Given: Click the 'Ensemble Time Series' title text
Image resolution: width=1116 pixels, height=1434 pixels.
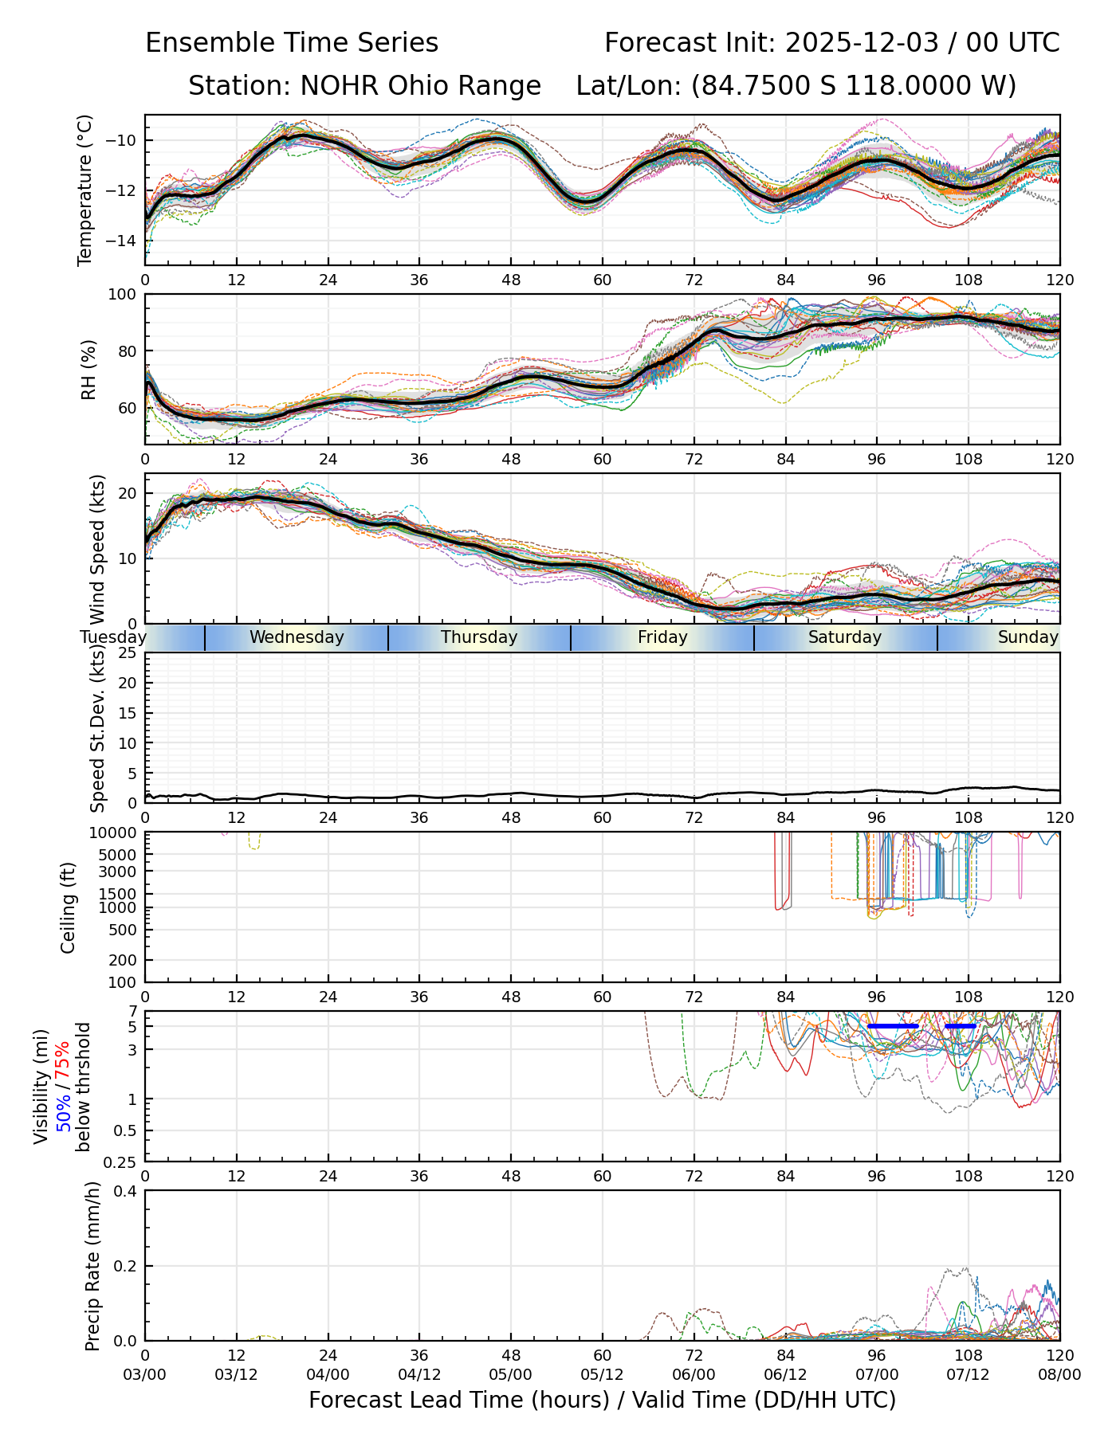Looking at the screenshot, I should click(x=292, y=43).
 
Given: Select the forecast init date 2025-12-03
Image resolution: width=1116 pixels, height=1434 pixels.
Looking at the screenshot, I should click(x=863, y=43).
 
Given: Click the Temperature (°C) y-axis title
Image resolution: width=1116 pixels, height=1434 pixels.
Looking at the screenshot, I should click(x=85, y=190).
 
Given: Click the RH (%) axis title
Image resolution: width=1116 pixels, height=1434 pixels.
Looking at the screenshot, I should click(x=88, y=370).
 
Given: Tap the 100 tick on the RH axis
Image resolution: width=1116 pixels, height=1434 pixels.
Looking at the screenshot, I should click(x=124, y=295).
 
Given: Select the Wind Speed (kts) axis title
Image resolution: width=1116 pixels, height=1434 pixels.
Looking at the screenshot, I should click(x=97, y=549).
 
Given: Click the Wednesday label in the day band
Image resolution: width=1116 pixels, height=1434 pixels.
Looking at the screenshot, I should click(x=297, y=637).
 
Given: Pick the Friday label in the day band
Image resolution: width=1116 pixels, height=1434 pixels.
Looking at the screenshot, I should click(x=662, y=637).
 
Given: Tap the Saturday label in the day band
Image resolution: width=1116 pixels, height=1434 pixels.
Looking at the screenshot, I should click(x=845, y=637).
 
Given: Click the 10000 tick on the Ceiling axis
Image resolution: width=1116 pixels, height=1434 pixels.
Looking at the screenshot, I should click(x=116, y=833).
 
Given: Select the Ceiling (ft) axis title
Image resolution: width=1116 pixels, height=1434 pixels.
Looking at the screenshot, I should click(x=69, y=907).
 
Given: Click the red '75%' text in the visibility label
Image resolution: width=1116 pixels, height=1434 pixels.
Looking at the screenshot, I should click(x=62, y=1059).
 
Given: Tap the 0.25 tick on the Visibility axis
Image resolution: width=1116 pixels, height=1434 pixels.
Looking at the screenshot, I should click(x=121, y=1162).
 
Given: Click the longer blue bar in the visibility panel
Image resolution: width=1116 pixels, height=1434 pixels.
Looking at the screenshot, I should click(x=894, y=1026).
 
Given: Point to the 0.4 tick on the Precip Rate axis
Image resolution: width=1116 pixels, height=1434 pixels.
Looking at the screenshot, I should click(x=126, y=1192).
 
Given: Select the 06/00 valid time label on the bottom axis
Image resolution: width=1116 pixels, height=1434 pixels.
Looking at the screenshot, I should click(x=694, y=1375).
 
